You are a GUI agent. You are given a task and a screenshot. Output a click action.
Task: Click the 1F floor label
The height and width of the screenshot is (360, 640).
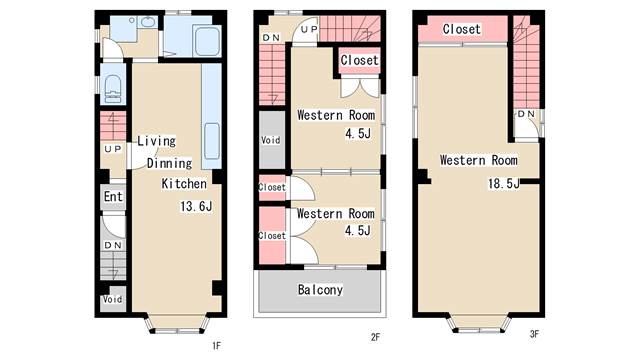[x=216, y=346]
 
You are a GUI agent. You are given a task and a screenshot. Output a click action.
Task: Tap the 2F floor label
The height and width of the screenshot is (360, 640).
[x=375, y=337]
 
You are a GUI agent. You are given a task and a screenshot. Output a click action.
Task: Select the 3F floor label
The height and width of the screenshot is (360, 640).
[x=534, y=334]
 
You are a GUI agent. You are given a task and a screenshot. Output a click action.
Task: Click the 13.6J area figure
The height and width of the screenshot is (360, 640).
[x=196, y=206]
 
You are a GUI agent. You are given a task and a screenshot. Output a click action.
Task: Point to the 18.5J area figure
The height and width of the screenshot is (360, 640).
[x=504, y=183]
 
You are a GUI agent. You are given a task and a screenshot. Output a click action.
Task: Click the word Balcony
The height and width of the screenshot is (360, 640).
[x=320, y=290]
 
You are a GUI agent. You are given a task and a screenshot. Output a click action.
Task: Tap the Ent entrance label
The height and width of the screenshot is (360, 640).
[x=113, y=196]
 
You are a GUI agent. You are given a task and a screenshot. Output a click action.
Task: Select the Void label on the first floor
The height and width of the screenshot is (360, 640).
[x=112, y=299]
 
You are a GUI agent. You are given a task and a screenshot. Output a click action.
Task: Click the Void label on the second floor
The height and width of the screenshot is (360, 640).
[x=271, y=140]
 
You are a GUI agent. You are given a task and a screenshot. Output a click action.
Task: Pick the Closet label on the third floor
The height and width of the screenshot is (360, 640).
[x=462, y=29]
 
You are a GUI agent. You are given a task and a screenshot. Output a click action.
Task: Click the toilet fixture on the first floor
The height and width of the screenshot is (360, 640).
[x=113, y=88]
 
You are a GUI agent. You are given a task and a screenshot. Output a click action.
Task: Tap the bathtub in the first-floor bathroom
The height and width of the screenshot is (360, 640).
[x=207, y=41]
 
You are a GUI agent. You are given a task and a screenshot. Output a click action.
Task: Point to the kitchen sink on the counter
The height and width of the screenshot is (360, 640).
[x=212, y=141]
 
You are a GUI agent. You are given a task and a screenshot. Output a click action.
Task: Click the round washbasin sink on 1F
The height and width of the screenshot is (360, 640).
[x=147, y=21]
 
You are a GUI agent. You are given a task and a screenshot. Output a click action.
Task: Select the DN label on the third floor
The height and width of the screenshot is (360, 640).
[x=526, y=114]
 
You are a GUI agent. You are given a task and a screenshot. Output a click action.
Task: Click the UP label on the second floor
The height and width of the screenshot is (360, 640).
[x=309, y=29]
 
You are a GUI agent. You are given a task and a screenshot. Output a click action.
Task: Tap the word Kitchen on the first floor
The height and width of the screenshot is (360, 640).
[x=184, y=184]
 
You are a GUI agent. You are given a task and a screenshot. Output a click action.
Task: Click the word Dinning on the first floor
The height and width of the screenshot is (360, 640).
[x=169, y=163]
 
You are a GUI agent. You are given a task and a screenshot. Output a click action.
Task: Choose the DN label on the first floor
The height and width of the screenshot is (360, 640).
[x=113, y=245]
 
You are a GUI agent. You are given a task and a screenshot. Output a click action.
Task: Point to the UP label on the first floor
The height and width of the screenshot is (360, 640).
[x=113, y=149]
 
